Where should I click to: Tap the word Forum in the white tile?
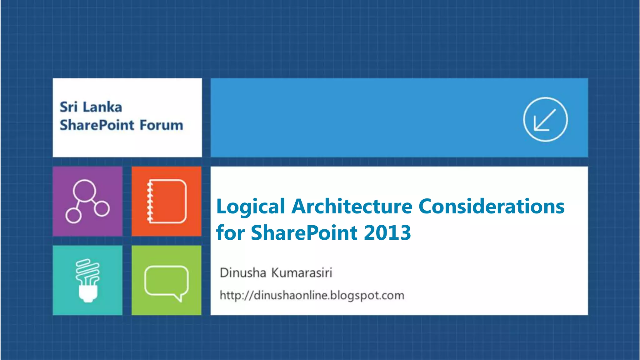click(161, 125)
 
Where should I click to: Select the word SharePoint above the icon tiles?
click(97, 125)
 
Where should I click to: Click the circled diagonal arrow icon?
click(545, 119)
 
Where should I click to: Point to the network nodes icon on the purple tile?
click(87, 201)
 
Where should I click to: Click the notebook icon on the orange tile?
click(167, 201)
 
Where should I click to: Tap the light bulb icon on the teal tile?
click(87, 280)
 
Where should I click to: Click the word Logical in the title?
click(250, 207)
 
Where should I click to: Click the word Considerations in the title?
click(491, 206)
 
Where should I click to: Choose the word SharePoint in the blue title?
click(304, 233)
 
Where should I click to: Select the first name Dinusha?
click(242, 273)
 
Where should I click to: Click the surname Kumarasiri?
click(301, 273)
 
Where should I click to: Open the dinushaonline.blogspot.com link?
click(312, 295)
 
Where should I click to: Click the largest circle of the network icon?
click(84, 191)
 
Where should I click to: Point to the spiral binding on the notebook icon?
click(150, 202)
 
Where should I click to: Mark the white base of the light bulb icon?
click(88, 294)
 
